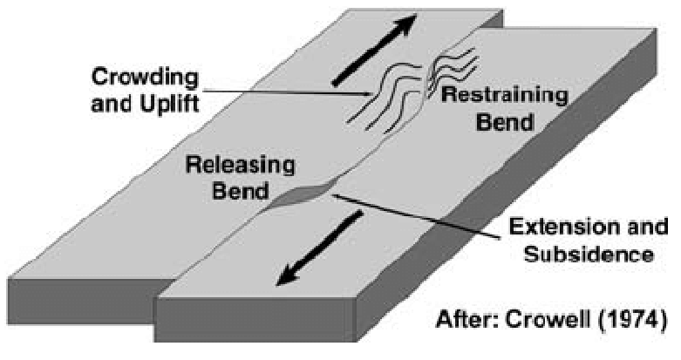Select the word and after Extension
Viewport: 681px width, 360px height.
(x=626, y=233)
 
